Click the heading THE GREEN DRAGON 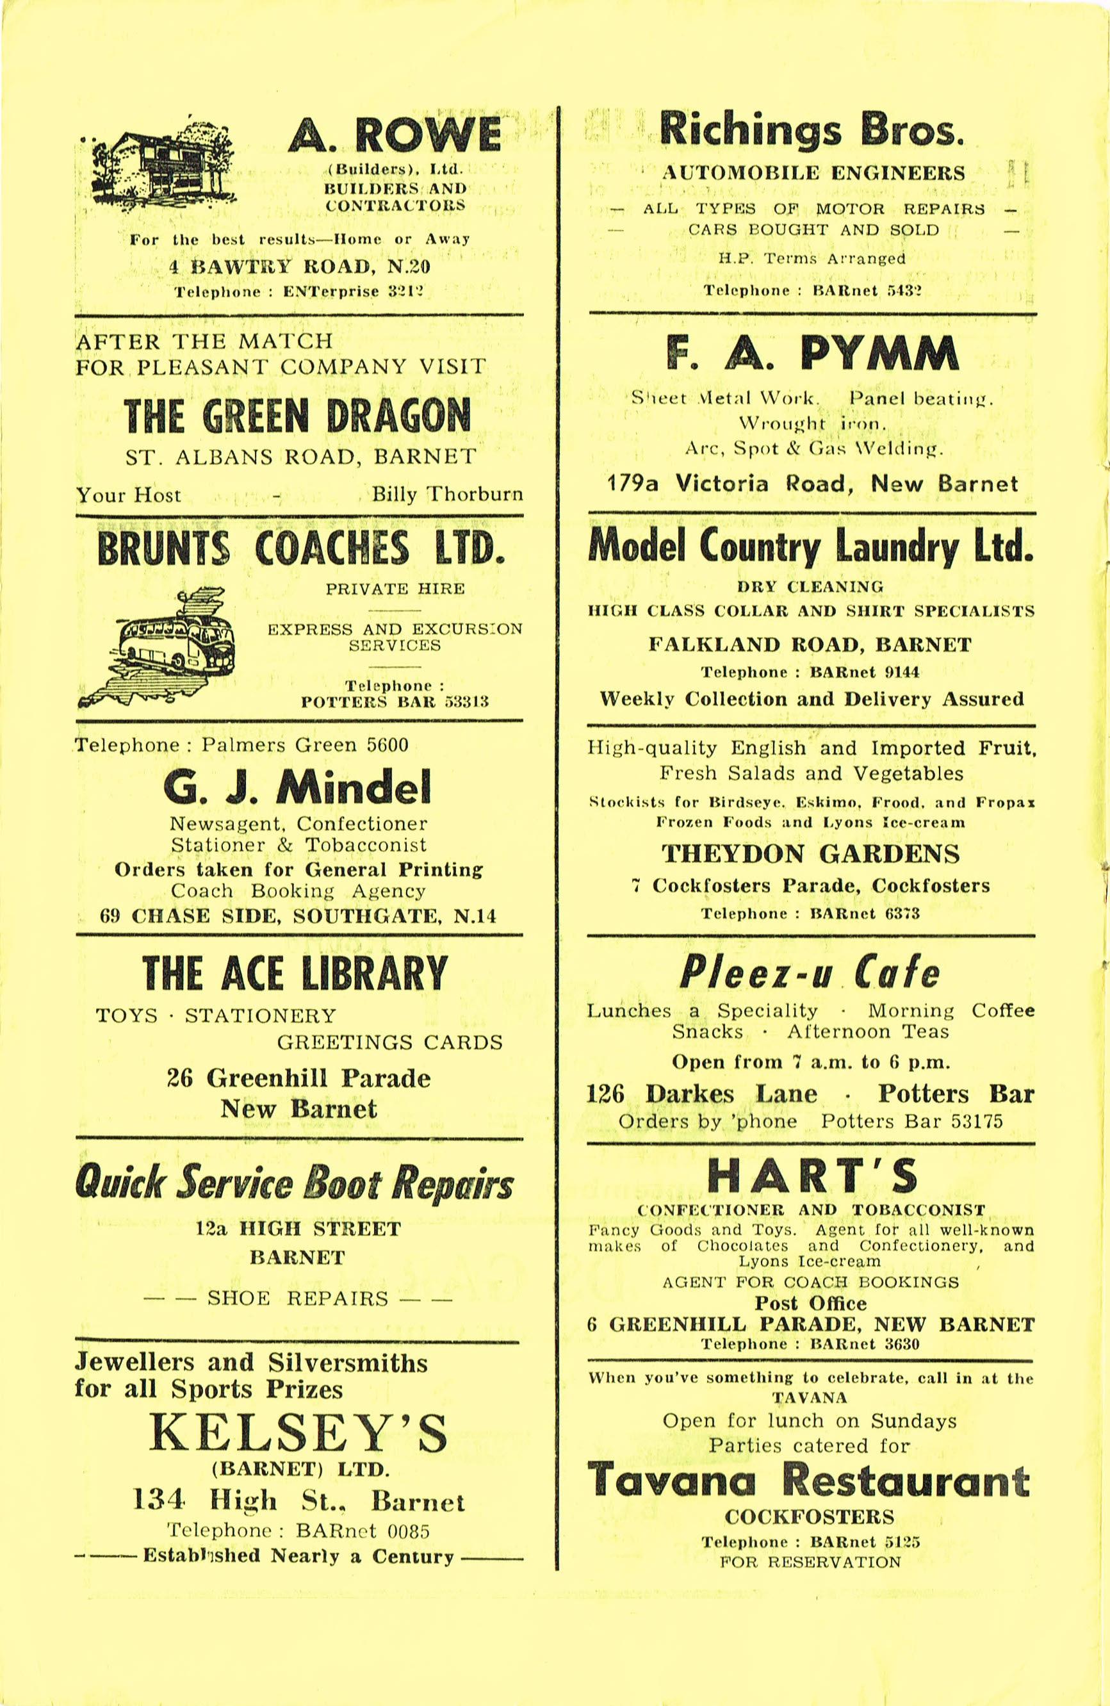pos(297,416)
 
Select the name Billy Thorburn pos(446,495)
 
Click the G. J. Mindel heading pos(297,787)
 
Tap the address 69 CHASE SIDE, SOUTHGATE pos(297,915)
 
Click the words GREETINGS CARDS pos(389,1042)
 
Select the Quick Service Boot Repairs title pos(295,1184)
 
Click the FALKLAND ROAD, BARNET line pos(810,644)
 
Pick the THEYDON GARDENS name pos(810,854)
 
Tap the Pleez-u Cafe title pos(809,972)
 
